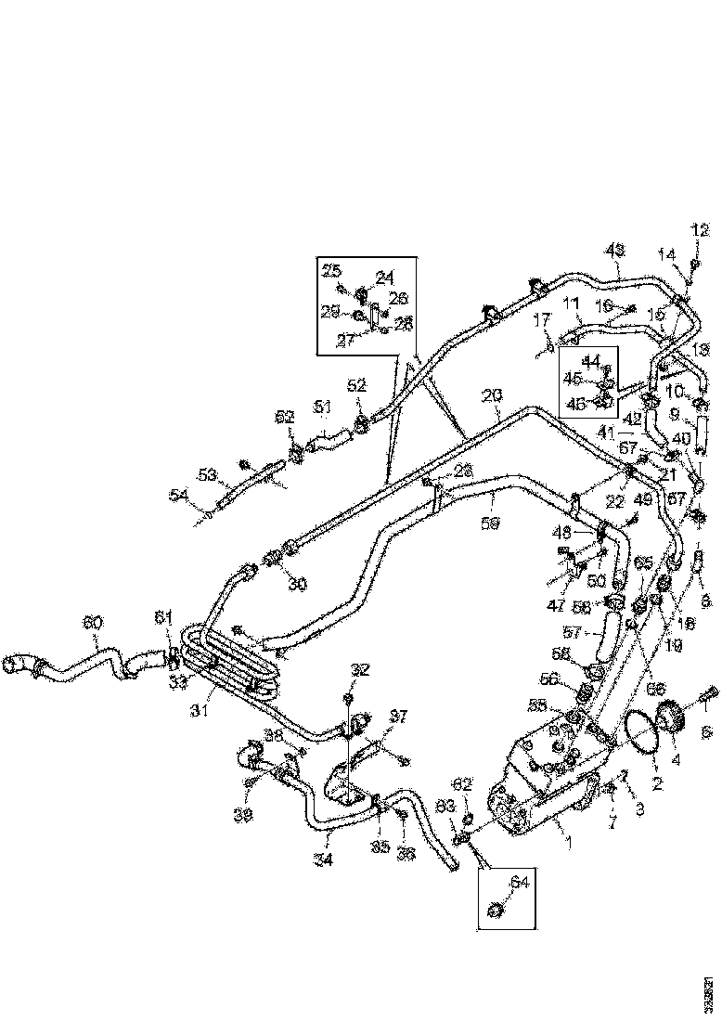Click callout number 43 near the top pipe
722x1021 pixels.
point(614,250)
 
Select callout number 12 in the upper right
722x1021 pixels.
point(700,230)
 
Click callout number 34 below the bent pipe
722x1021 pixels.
point(323,859)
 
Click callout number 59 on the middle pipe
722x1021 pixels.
point(491,523)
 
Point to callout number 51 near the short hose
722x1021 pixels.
point(322,407)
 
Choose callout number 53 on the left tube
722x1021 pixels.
point(209,476)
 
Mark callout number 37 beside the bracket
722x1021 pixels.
point(371,716)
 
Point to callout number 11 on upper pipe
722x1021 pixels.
point(570,304)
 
